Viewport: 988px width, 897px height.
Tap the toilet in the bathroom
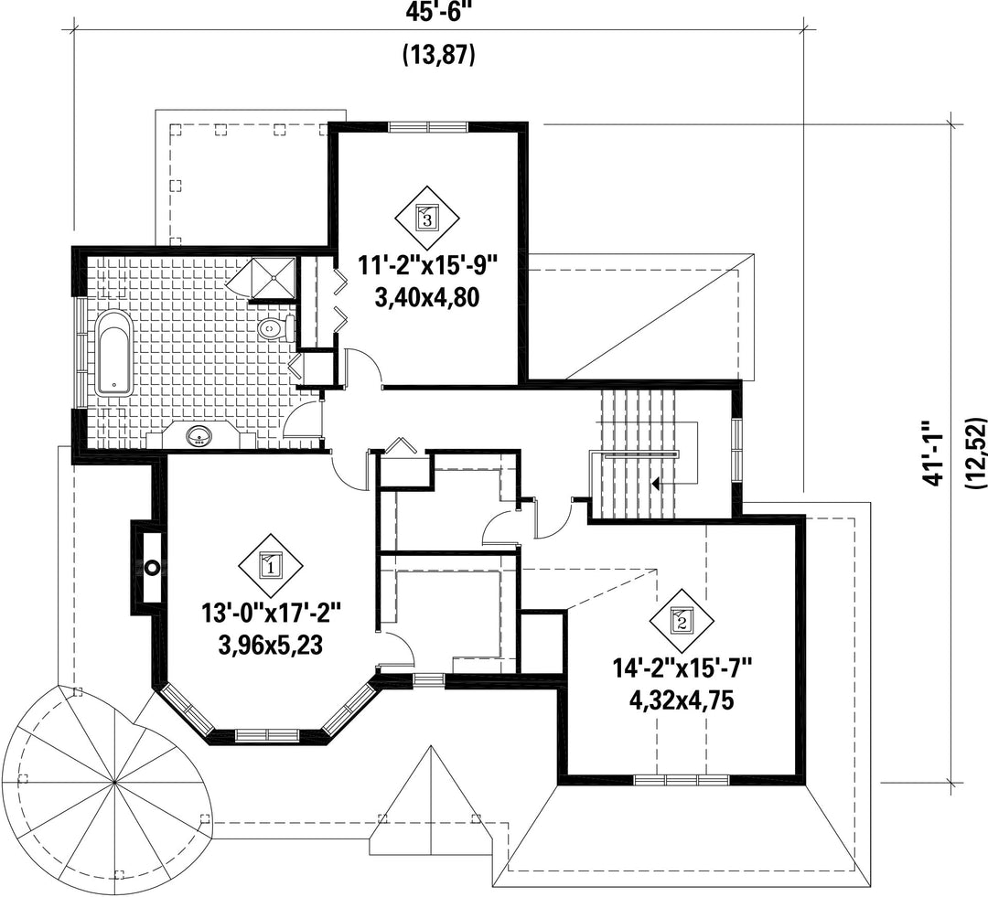(276, 327)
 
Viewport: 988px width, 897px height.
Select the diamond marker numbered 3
(427, 219)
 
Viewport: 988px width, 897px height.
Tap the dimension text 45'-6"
(439, 11)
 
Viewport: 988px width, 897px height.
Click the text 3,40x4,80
(427, 296)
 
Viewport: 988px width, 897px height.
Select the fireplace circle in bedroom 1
(152, 568)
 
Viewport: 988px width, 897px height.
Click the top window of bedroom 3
(428, 126)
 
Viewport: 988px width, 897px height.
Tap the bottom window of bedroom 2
(682, 779)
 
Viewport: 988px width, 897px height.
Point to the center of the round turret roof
(114, 783)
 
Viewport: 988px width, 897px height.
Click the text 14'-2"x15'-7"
(682, 667)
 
